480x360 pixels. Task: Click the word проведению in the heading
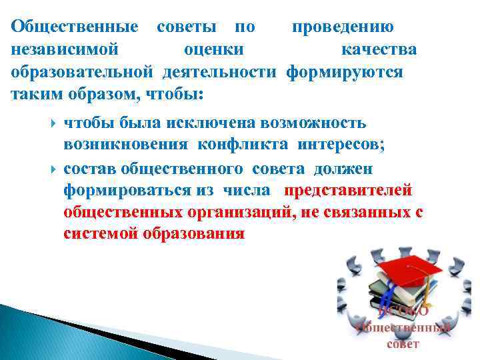342,27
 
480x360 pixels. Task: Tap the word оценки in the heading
213,49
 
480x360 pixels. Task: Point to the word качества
379,49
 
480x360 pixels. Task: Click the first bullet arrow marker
53,123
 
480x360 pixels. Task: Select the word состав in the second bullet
90,168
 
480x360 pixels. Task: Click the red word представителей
349,191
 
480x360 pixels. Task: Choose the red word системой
101,235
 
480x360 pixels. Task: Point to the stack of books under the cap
387,287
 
